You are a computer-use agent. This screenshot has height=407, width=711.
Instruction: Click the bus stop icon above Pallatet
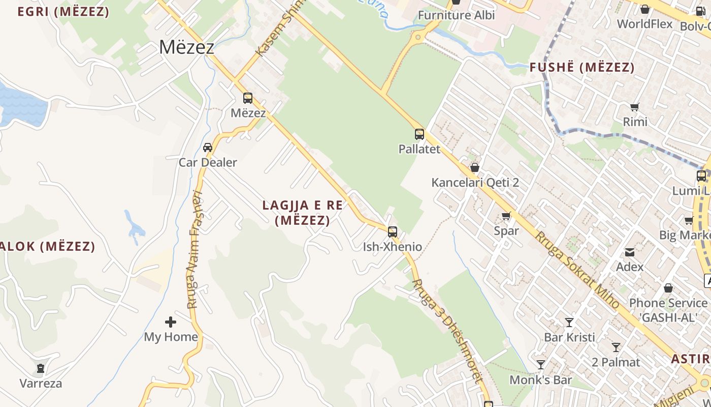419,134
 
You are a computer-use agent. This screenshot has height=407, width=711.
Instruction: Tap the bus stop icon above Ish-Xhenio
392,232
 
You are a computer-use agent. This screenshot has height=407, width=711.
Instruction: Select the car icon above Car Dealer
207,148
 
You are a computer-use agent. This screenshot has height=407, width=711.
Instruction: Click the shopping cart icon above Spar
506,216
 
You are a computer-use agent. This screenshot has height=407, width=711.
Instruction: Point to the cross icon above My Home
171,322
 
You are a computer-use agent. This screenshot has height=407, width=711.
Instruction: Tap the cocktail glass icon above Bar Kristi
569,323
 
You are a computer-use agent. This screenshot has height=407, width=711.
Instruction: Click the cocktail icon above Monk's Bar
540,365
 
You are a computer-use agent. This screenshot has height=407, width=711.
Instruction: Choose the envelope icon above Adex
630,252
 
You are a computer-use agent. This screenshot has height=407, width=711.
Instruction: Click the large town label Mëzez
186,47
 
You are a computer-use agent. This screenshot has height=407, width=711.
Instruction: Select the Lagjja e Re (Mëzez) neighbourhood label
302,213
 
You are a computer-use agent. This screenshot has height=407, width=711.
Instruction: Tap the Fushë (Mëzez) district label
582,67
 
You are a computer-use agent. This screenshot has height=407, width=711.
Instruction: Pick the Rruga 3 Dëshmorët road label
446,331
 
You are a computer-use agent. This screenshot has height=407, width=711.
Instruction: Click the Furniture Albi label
456,15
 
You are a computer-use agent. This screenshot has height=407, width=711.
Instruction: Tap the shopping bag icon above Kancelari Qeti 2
475,167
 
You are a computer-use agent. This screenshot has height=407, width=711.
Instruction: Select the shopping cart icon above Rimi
634,107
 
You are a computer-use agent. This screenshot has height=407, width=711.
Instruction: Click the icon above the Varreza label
41,368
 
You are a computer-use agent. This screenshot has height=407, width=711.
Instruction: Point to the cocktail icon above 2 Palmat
616,347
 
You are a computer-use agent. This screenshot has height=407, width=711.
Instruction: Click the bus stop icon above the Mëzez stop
247,98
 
